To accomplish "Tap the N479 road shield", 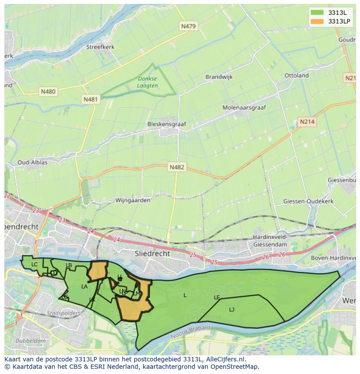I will click(x=188, y=26).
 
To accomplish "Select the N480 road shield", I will click(x=48, y=92).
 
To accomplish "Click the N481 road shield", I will click(x=90, y=99).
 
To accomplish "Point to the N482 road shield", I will click(x=177, y=167).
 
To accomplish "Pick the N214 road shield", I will click(x=307, y=122).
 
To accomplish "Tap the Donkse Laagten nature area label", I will click(x=147, y=83).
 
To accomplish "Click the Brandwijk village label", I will click(x=219, y=77).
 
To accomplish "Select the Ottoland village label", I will click(x=297, y=76).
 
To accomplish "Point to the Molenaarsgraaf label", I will click(x=244, y=107).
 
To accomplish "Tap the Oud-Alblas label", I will click(x=32, y=162).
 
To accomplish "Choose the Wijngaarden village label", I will click(x=133, y=201).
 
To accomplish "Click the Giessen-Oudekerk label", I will click(x=308, y=202).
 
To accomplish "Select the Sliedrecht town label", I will click(x=152, y=253).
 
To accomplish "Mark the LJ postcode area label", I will click(x=232, y=309).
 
